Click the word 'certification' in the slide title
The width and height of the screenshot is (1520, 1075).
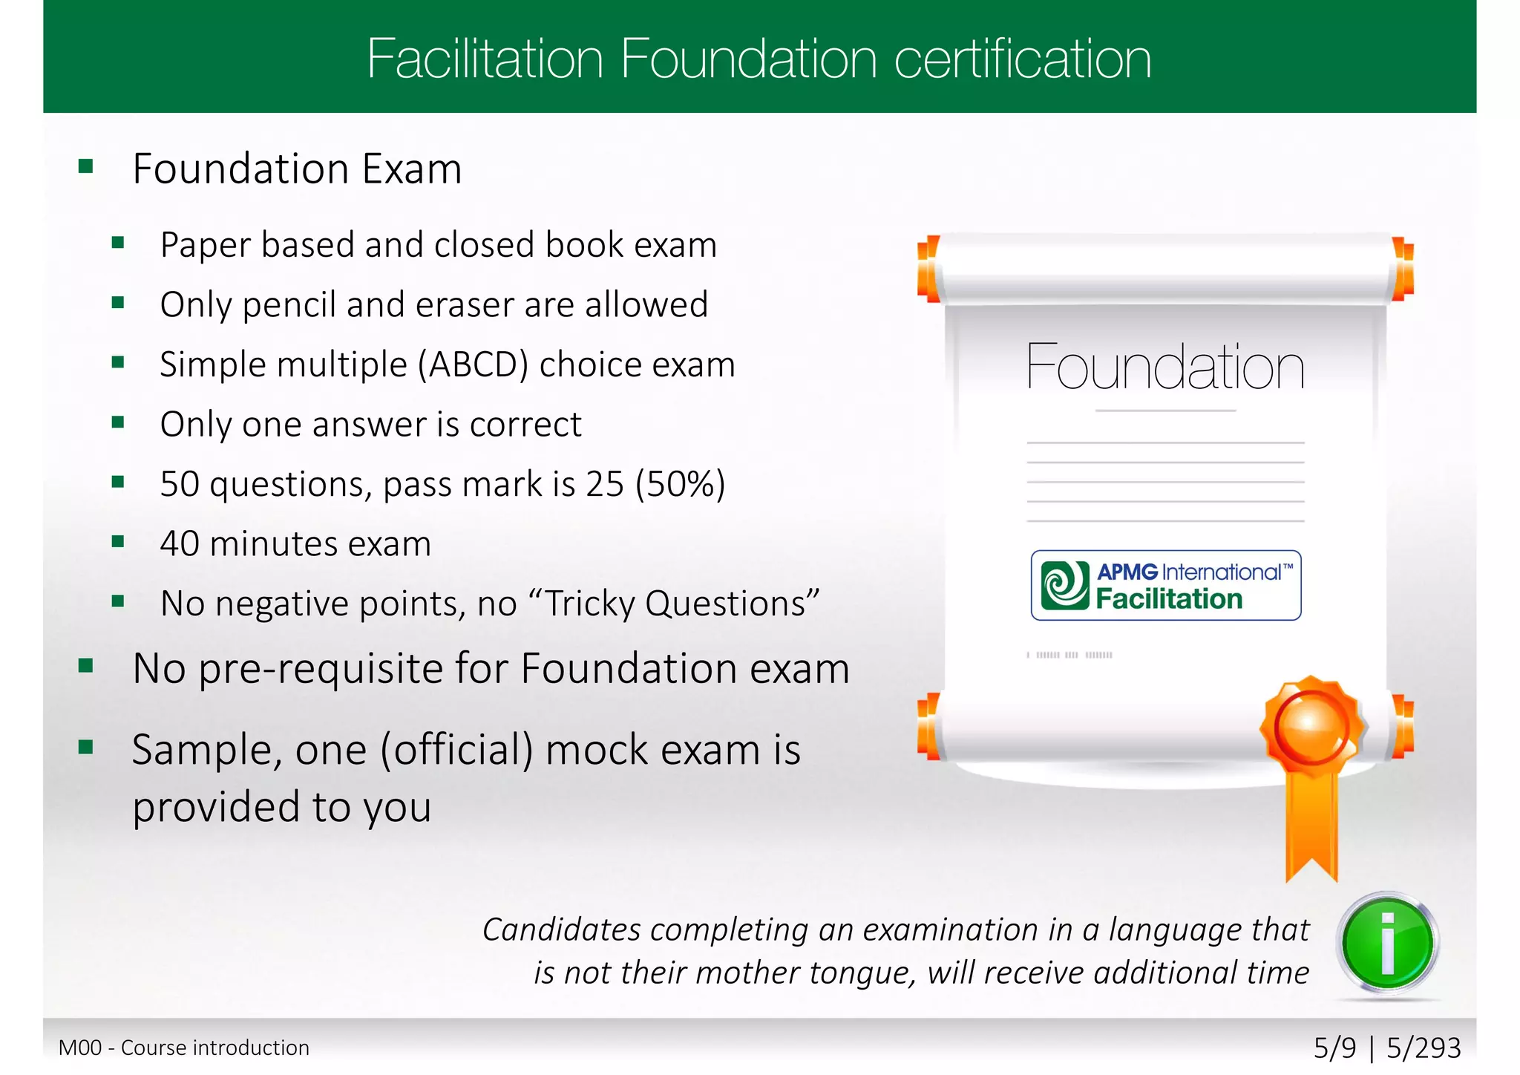1023,59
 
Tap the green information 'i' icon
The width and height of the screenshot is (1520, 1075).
1388,943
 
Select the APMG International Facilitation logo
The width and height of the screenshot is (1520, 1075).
1165,585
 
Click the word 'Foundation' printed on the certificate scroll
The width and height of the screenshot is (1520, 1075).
1165,367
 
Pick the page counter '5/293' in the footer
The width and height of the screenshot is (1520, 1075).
1424,1048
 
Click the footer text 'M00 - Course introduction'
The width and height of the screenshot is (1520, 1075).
184,1048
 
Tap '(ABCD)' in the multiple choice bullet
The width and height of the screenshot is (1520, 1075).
474,365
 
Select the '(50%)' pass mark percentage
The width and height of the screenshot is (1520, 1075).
680,484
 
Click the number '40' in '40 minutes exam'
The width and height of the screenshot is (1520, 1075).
179,544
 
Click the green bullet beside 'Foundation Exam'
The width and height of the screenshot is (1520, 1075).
86,166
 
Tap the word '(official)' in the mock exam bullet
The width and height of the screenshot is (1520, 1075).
456,750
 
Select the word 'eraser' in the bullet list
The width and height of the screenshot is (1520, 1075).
462,305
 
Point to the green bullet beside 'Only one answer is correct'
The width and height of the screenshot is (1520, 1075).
118,422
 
